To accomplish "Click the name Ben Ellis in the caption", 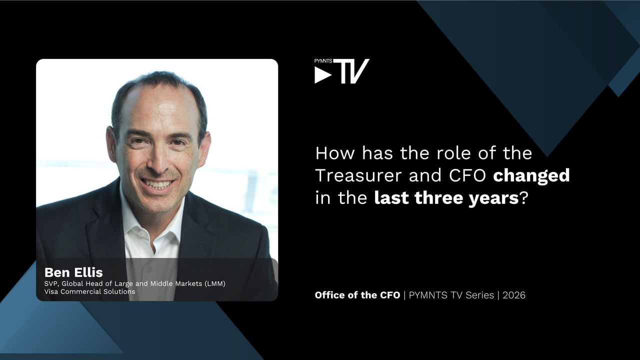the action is pyautogui.click(x=73, y=272).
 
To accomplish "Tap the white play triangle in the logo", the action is pyautogui.click(x=323, y=75).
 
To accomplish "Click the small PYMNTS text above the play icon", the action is pyautogui.click(x=323, y=61).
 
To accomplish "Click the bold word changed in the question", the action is pyautogui.click(x=531, y=175).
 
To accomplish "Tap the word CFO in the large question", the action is pyautogui.click(x=467, y=175).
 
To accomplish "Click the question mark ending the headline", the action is pyautogui.click(x=523, y=197).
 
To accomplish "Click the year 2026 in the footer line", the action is pyautogui.click(x=514, y=295).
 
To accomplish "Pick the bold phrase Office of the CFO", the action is pyautogui.click(x=357, y=295).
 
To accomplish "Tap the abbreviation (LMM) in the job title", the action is pyautogui.click(x=215, y=283).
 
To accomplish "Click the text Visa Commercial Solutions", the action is pyautogui.click(x=89, y=291).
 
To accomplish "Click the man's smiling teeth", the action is pyautogui.click(x=157, y=183).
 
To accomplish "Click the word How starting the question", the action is pyautogui.click(x=335, y=153).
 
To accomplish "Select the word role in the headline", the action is pyautogui.click(x=453, y=153).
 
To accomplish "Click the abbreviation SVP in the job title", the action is pyautogui.click(x=51, y=283).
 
